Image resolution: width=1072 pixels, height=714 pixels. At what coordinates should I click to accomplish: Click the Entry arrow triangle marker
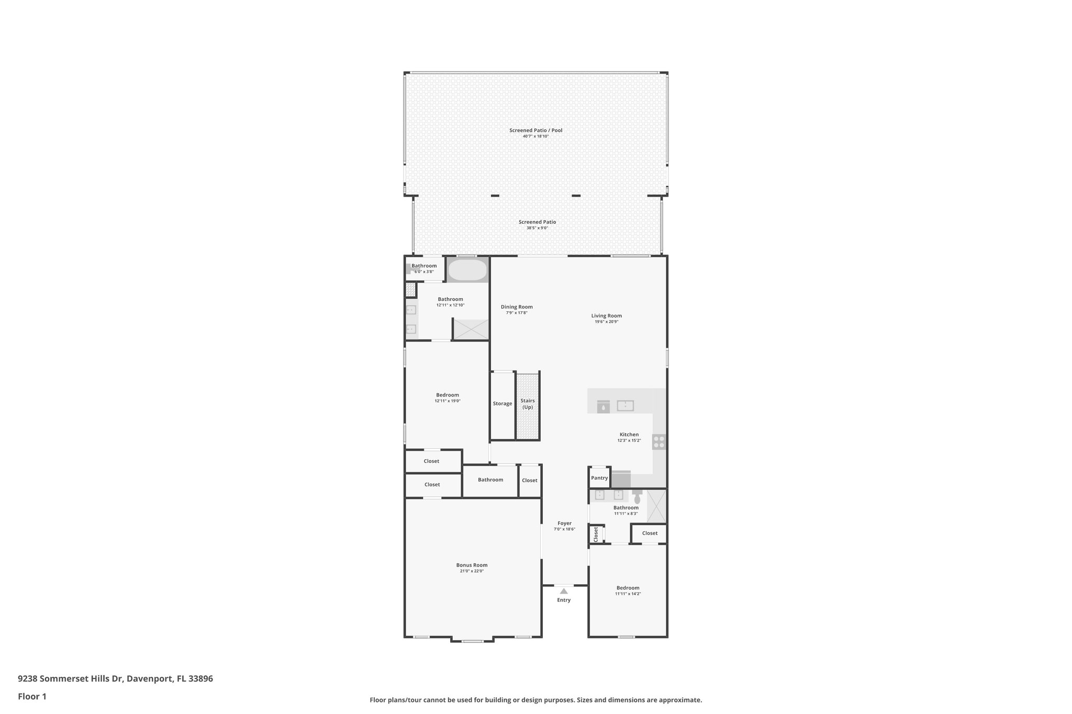pos(564,591)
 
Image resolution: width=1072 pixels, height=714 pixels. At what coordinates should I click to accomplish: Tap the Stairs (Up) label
pos(527,404)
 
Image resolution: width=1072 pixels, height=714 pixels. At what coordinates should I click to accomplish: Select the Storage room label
pos(502,403)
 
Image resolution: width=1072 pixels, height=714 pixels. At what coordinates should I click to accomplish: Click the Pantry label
pos(599,478)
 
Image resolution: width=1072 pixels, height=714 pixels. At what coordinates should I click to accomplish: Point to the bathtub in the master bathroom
pos(467,270)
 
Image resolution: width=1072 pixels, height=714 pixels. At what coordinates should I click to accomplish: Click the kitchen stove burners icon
pos(659,442)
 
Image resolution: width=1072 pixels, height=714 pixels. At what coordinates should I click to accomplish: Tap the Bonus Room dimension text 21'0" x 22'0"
pos(472,571)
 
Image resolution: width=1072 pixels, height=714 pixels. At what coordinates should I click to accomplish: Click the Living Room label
pos(606,315)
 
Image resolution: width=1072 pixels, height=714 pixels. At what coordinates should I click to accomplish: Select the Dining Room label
pos(516,307)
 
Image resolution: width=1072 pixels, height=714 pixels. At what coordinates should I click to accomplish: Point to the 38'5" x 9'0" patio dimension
pos(537,228)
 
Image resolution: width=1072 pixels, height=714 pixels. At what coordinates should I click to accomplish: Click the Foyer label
pos(564,523)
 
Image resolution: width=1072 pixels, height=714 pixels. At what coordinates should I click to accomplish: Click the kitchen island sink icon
pos(625,405)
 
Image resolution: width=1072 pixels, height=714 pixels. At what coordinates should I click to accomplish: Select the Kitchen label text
pos(629,434)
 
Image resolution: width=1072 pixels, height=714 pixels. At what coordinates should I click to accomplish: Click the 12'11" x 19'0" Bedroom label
pos(447,395)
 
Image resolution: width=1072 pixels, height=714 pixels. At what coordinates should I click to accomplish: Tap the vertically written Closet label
pos(596,534)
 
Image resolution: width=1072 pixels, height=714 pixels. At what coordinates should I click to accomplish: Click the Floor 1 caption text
pos(32,696)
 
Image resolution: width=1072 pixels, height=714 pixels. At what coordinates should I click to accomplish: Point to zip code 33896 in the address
pos(200,678)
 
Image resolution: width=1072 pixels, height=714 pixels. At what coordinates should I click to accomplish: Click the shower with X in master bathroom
pos(471,330)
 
